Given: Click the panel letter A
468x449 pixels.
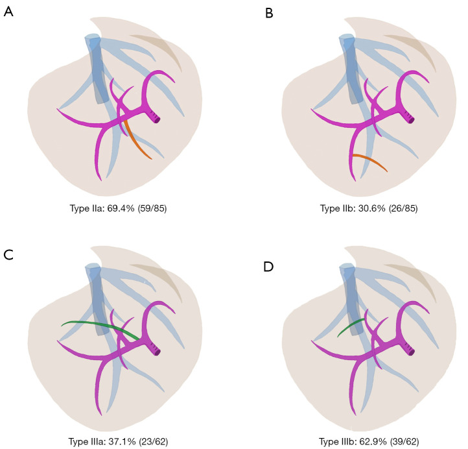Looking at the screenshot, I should (8, 12).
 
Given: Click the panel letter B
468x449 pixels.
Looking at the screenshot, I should (270, 12).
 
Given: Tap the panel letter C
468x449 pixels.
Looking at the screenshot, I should (8, 254).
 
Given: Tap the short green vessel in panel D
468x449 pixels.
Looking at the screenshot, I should (349, 327).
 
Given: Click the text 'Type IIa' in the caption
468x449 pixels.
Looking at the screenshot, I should (84, 209).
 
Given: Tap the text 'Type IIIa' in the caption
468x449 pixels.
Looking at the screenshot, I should (86, 442).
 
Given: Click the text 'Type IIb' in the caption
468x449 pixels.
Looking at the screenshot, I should (337, 209).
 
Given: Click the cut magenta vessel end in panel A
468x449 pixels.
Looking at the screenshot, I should (156, 117).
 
